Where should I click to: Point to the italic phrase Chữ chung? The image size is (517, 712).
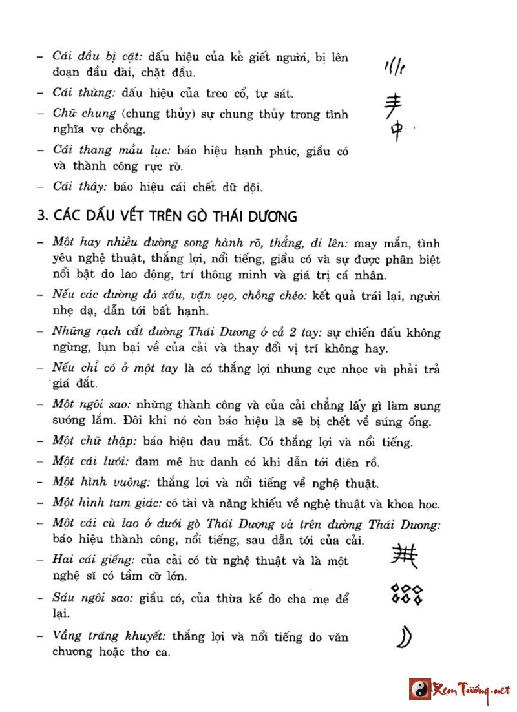(85, 114)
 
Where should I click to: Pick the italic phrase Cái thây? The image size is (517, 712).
(79, 187)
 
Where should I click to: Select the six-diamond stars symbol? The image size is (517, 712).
(406, 594)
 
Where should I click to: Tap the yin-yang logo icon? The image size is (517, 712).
(419, 689)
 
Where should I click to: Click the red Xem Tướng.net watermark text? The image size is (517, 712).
(471, 689)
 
